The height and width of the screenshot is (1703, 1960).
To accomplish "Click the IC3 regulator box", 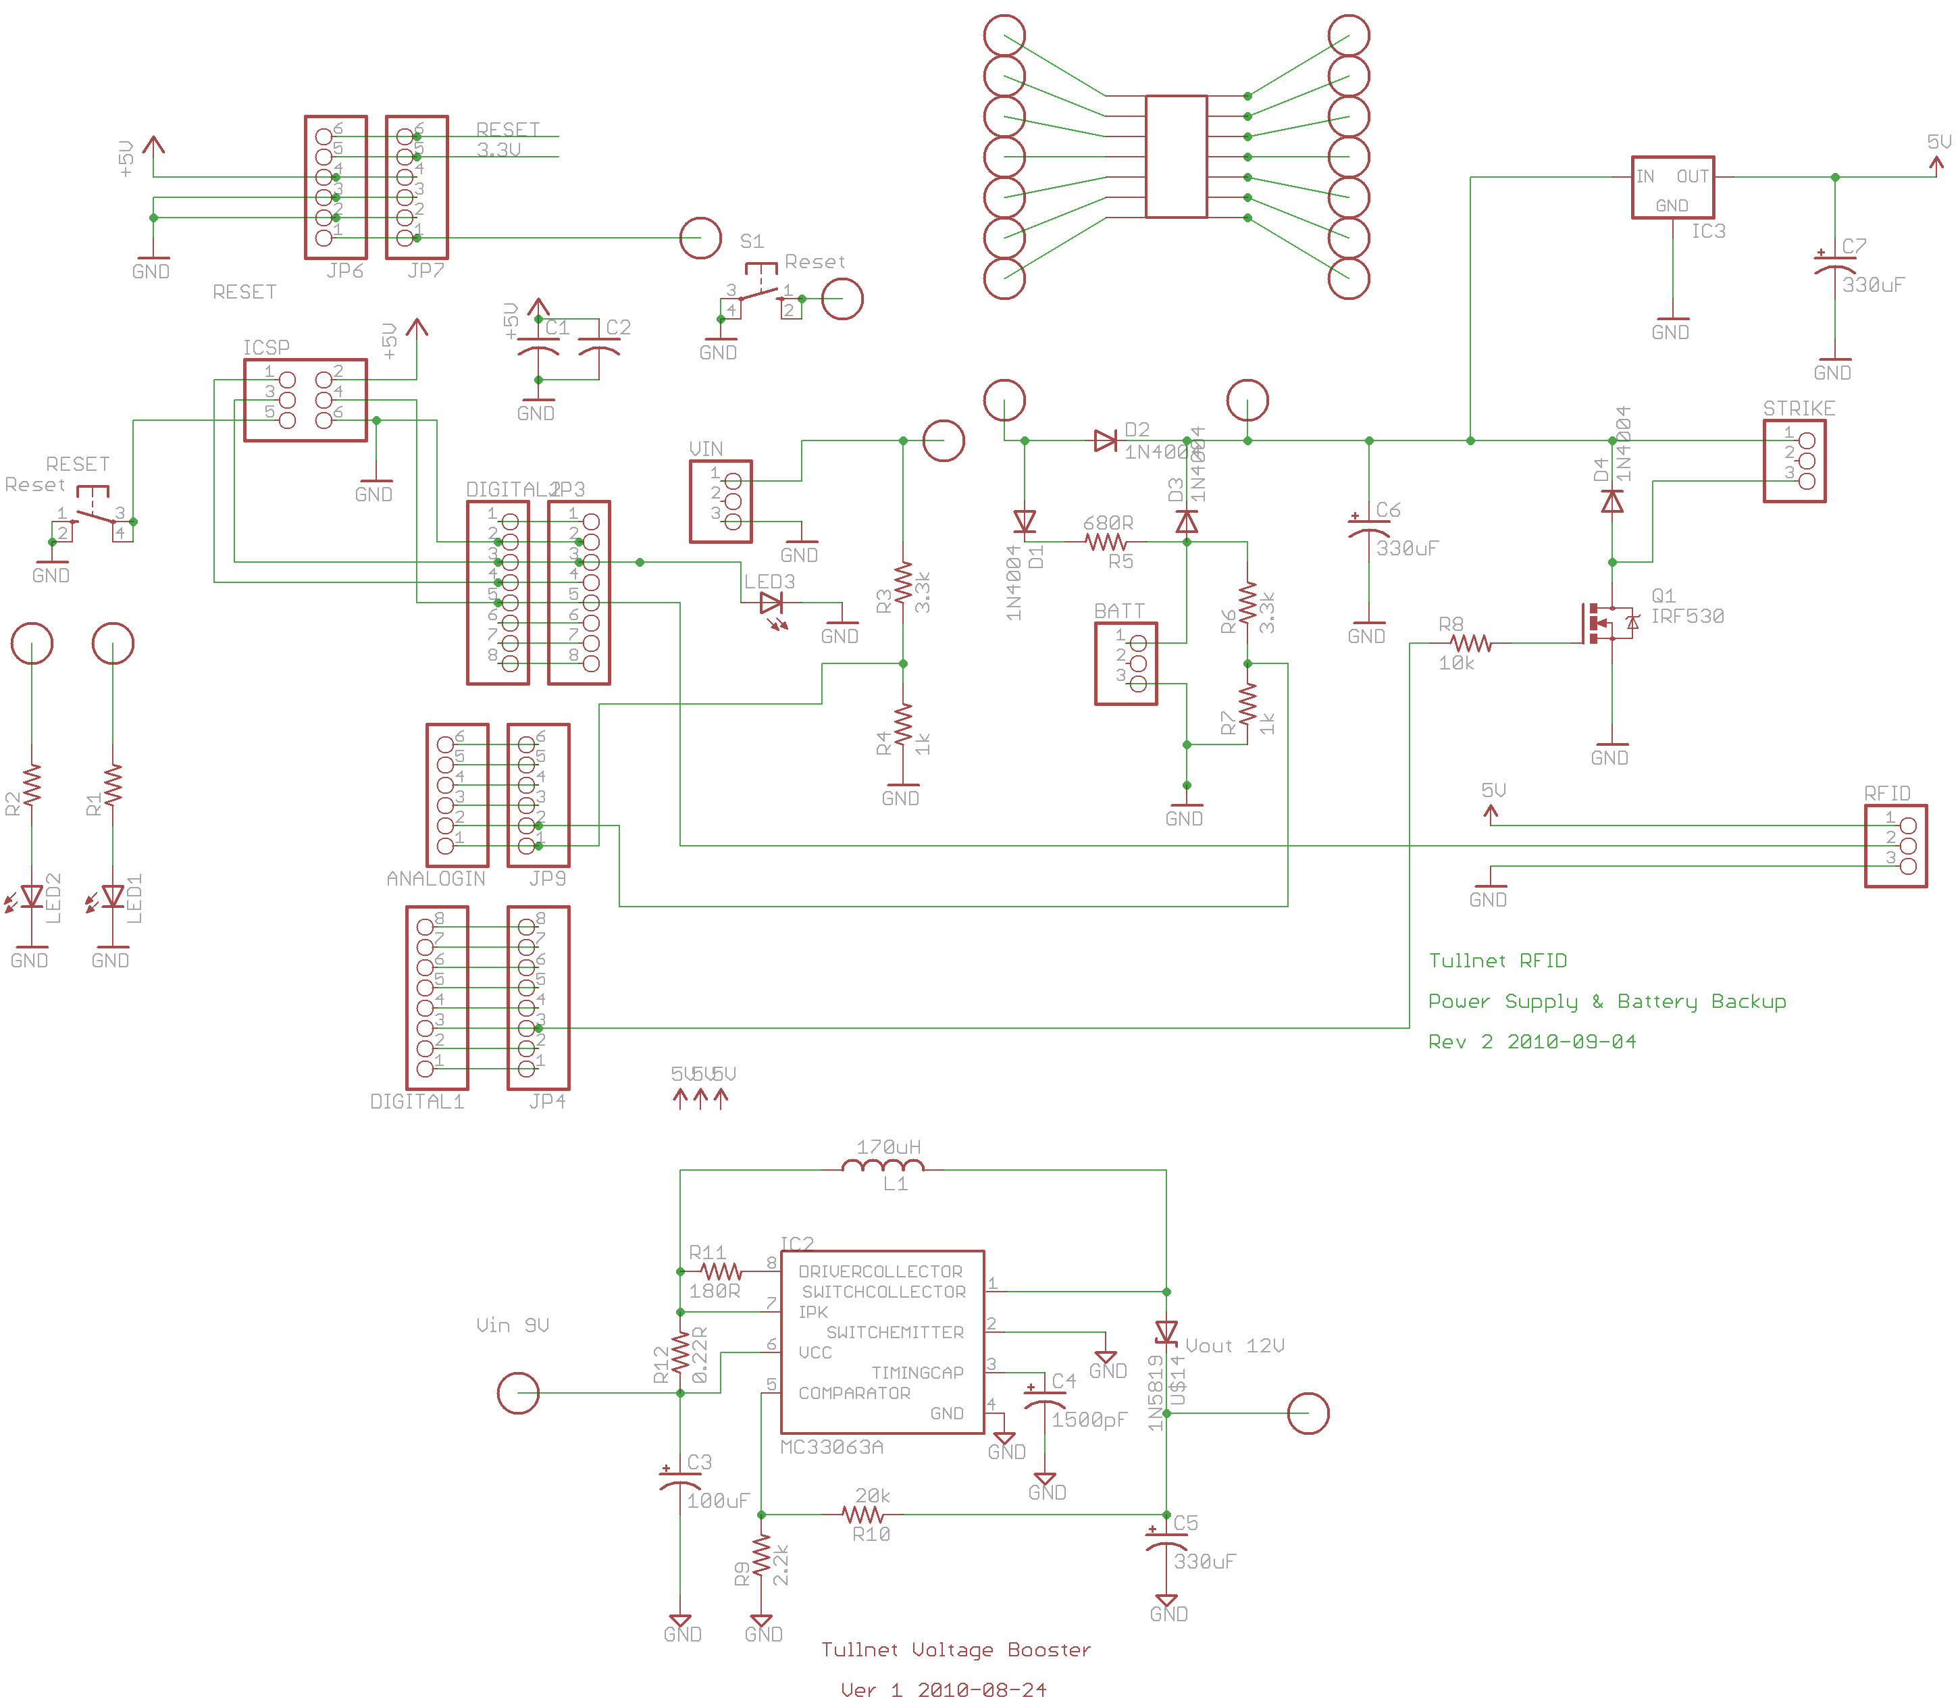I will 1672,187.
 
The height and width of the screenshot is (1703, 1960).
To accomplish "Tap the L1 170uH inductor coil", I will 883,1168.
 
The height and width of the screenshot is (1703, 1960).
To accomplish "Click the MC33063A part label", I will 831,1448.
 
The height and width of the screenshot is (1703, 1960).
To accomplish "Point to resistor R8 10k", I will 1471,643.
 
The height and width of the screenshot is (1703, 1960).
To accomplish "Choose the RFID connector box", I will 1894,846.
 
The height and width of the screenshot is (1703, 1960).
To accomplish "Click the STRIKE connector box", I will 1794,461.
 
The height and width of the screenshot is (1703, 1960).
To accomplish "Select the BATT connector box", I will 1125,663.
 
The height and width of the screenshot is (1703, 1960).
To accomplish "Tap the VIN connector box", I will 720,501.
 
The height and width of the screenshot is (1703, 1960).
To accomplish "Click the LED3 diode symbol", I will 771,603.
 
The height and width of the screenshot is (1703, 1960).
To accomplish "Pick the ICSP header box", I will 305,400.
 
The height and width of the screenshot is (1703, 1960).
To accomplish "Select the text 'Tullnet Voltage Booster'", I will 955,1650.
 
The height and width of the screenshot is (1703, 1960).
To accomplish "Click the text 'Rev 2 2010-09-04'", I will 1532,1042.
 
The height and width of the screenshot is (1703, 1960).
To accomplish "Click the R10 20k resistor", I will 862,1515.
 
